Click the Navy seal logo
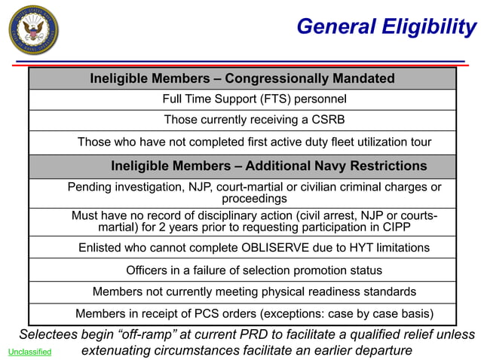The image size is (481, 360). click(33, 29)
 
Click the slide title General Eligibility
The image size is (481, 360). click(386, 27)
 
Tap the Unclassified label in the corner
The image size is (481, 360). click(30, 352)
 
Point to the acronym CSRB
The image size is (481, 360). click(328, 120)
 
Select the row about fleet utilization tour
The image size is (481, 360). click(254, 142)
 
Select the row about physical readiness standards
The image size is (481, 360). click(254, 291)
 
